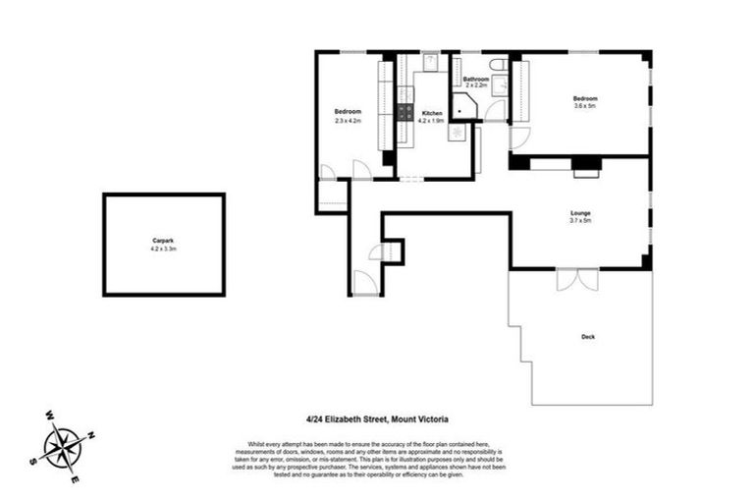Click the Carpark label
(x=163, y=241)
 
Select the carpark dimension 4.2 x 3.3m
(x=163, y=250)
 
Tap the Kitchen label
(x=432, y=114)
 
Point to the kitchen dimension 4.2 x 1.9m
(x=432, y=123)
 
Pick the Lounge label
(x=579, y=213)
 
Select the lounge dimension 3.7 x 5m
(x=579, y=222)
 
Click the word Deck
(x=587, y=337)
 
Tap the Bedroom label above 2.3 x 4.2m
(x=348, y=111)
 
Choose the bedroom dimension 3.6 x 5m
(x=585, y=107)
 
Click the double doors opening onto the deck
(x=576, y=279)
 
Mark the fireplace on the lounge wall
(x=586, y=166)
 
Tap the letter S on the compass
(x=33, y=459)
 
